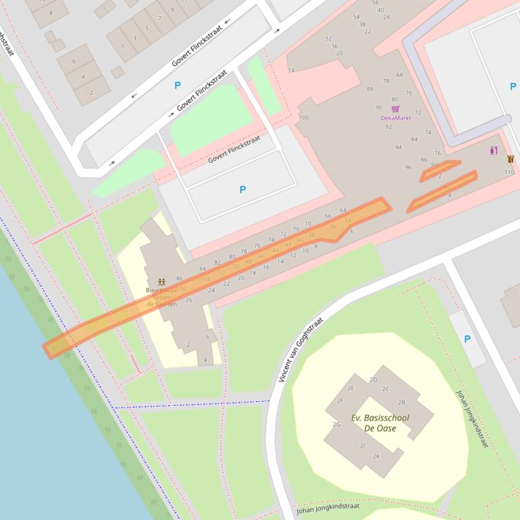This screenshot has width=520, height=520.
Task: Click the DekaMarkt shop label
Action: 395,118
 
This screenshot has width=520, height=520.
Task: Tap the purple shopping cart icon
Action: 395,108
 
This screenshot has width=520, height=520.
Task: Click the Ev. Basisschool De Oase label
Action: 380,423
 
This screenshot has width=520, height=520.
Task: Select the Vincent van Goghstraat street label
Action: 301,349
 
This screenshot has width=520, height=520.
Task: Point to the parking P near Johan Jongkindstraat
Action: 467,339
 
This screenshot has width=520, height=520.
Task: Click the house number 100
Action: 303,118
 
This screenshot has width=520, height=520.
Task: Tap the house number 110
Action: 509,172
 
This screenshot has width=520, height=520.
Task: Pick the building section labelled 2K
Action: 376,456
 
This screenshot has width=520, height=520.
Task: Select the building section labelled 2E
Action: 350,388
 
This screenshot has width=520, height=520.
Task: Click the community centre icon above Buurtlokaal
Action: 161,281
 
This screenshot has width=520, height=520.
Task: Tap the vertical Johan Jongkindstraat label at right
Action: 471,419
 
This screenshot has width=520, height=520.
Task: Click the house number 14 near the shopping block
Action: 291,70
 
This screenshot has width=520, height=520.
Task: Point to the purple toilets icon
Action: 494,150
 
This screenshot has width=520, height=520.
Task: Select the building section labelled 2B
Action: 401,402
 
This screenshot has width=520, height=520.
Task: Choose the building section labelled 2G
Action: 336,424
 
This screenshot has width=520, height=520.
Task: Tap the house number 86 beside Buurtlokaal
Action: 179,278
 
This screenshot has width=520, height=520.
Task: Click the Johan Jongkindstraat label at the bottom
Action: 328,508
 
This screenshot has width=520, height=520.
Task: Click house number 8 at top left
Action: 51,13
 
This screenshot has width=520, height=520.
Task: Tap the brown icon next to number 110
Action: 510,159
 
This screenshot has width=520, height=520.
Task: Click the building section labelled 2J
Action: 362,445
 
